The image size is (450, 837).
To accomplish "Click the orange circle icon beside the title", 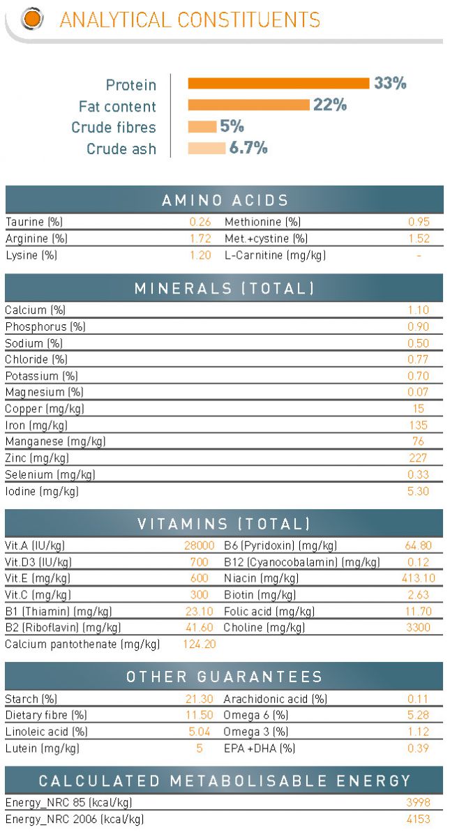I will click(31, 19).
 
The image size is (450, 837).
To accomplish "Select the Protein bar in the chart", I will click(278, 84).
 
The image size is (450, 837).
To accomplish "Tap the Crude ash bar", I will click(207, 148).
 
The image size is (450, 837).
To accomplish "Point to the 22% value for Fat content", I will click(330, 105).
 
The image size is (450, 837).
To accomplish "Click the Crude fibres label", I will click(114, 128).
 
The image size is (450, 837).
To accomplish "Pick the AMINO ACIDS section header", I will click(225, 201).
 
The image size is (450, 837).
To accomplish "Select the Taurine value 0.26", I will click(200, 223).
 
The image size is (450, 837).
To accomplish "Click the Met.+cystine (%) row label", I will click(263, 239).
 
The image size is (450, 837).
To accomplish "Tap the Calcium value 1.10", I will click(419, 310).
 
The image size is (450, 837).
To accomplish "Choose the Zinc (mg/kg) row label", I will click(37, 458).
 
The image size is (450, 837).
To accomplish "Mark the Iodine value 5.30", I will click(419, 491).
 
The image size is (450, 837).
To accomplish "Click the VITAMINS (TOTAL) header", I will click(225, 524).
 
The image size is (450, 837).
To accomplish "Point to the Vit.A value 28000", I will click(200, 545).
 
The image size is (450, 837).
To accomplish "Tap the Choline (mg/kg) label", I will click(264, 628).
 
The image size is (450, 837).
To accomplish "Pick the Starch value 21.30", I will click(200, 699).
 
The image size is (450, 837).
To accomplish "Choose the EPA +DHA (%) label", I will click(259, 748).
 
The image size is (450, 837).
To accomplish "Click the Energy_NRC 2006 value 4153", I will click(419, 820).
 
